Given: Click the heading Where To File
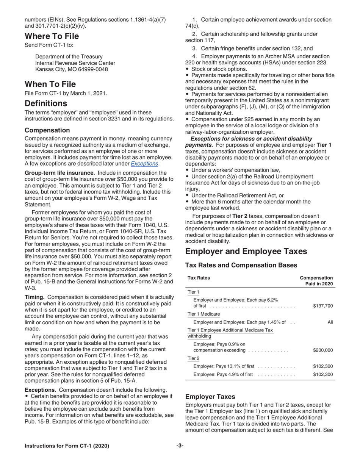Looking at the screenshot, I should point(52,36).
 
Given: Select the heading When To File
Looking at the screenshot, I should point(50,84).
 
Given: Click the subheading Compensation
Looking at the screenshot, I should point(47,130).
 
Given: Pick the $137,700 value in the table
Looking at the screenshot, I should point(323,306).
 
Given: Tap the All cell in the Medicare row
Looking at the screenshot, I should point(330,322).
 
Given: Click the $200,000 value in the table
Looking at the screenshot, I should point(323,350).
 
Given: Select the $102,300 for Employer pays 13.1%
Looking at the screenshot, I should point(323,366).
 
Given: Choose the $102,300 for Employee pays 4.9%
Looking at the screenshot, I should point(323,374).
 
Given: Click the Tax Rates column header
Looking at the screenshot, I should point(199,278).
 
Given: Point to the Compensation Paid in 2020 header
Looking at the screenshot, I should point(316,281).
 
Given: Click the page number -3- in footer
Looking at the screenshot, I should point(180,446).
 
